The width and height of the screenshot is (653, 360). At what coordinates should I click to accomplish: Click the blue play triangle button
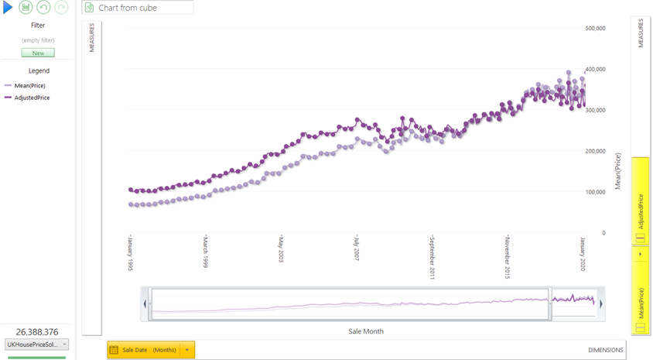coord(8,8)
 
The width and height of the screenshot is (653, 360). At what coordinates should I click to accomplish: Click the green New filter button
coord(38,53)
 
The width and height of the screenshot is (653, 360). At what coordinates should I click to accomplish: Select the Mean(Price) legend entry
coord(29,86)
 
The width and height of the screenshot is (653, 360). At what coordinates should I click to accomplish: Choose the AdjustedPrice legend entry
coord(31,98)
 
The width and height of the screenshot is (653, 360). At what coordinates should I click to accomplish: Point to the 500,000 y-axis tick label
coord(595,29)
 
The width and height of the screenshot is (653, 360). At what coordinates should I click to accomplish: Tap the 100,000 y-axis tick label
coord(595,192)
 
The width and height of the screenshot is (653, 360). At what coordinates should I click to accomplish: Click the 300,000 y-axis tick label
coord(595,110)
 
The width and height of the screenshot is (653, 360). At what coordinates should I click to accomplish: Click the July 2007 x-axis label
coord(357,249)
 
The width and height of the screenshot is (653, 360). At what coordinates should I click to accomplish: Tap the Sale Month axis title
coord(365,331)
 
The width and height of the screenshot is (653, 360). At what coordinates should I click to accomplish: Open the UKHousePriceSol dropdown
coord(37,345)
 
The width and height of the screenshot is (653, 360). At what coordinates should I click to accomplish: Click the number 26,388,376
coord(37,332)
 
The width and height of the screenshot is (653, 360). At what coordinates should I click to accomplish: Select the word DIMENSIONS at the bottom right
coord(605,350)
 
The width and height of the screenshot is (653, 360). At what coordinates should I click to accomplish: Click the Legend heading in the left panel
coord(39,70)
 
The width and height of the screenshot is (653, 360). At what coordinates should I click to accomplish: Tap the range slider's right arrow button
coord(601,304)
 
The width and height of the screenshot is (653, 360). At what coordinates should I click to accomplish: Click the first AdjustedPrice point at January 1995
coord(131,190)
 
